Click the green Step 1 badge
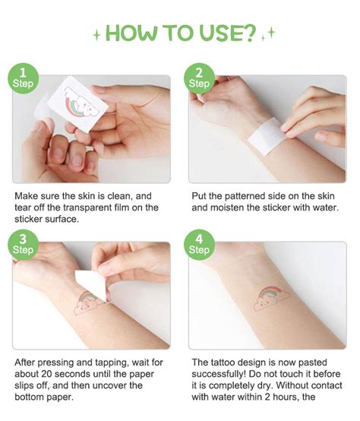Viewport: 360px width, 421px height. coord(23,78)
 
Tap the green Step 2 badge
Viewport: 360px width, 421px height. coord(199,78)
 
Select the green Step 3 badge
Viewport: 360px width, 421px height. coord(23,245)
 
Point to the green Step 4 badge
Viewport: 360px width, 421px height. coord(199,245)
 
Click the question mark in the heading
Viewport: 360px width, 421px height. coord(248,33)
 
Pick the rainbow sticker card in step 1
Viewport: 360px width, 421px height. coord(77,104)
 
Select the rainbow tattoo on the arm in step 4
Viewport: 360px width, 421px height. coord(272,299)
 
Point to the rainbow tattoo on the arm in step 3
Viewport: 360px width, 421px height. coord(87,303)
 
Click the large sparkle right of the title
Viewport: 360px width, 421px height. coord(271,32)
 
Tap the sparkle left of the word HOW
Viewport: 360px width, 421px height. coord(97,35)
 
